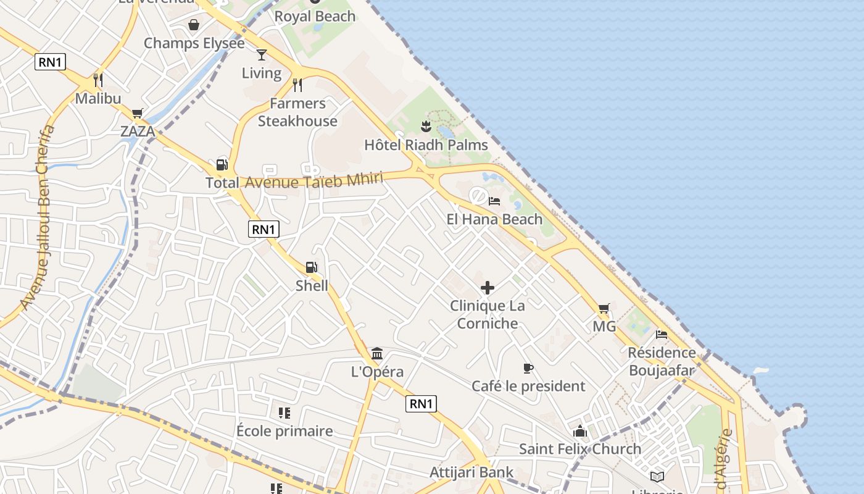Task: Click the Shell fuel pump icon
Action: (312, 267)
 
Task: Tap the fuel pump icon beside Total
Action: (222, 165)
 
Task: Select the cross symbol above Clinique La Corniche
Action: (488, 288)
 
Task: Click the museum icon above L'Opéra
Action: (377, 354)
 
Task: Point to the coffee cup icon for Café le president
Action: (528, 369)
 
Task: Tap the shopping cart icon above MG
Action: (604, 308)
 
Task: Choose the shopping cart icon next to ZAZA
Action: (137, 113)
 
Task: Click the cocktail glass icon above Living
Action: (262, 55)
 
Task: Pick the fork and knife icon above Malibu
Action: (98, 80)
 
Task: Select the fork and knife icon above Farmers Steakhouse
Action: (297, 85)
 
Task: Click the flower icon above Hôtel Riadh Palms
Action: (425, 127)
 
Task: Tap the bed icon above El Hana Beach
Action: (494, 201)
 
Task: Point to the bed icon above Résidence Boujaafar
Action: (662, 335)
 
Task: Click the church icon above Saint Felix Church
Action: (579, 431)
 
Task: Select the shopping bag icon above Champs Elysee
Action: (194, 25)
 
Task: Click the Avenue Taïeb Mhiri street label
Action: (314, 181)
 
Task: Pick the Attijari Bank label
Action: (471, 472)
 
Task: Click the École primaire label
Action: (285, 431)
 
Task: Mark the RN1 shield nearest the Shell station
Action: (264, 229)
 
